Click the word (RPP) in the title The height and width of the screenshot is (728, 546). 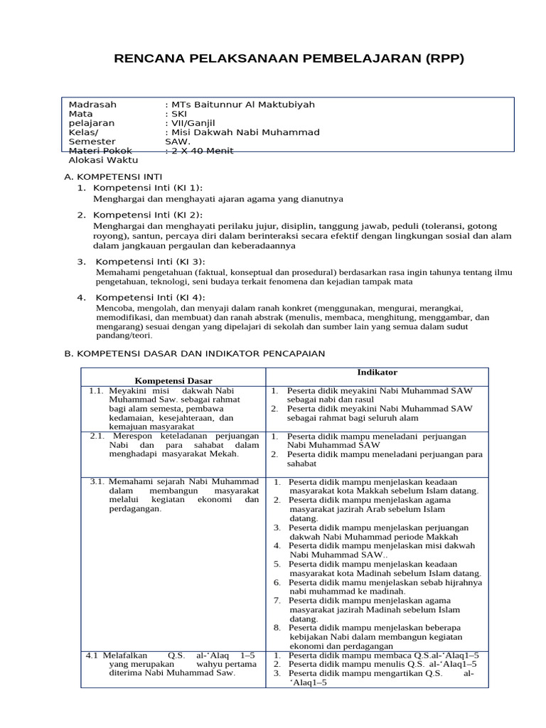pos(444,58)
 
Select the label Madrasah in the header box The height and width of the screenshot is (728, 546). pos(92,105)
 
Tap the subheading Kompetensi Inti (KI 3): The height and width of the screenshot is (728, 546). pos(150,262)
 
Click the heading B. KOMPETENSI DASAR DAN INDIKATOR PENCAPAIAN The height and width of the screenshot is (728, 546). pos(194,353)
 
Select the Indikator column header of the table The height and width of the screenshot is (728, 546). pos(377,373)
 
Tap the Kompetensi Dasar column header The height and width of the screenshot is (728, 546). pos(173,380)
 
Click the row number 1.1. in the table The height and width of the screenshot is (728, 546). pos(97,390)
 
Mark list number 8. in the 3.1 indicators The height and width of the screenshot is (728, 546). pos(277,628)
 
